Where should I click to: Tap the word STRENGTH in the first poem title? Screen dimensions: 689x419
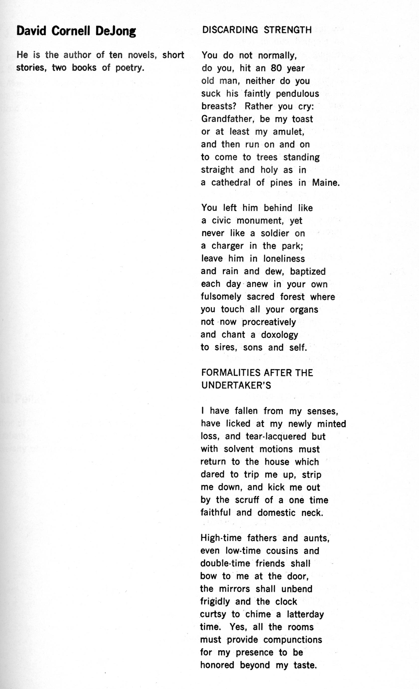click(288, 30)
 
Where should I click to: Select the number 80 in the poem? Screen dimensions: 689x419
click(276, 68)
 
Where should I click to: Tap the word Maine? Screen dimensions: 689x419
click(326, 183)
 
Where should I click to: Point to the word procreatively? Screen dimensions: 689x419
click(269, 322)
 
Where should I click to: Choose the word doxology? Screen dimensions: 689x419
click(279, 335)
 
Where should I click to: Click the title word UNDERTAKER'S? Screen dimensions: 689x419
click(236, 386)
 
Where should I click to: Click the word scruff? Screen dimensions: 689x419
click(247, 500)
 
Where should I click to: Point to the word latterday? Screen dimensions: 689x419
click(305, 614)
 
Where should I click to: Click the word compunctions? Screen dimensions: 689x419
click(293, 640)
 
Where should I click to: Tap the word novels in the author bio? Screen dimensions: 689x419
click(141, 55)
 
